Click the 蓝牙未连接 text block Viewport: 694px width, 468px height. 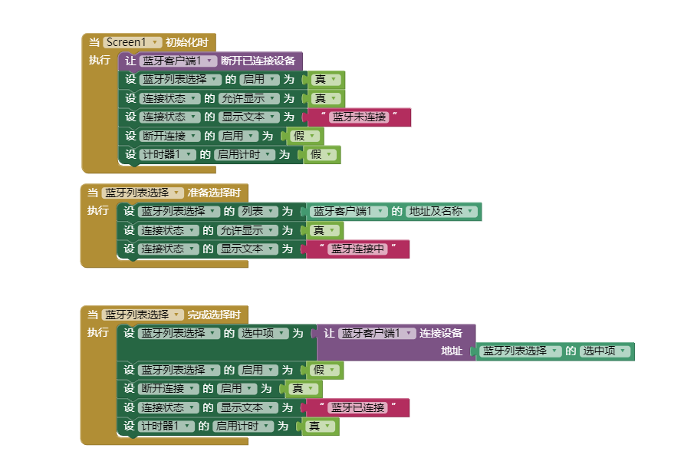(359, 117)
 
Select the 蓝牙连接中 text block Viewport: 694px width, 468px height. (357, 249)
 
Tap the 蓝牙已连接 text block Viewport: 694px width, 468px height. (357, 407)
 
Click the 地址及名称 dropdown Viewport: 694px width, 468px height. (442, 212)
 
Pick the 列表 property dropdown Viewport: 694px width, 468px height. (256, 212)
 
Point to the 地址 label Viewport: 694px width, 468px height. (452, 351)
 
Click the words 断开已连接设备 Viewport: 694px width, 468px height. (258, 61)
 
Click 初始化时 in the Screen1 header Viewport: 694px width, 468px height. (186, 42)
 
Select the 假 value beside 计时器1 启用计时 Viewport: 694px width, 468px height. (321, 155)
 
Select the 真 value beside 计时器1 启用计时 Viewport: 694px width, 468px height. (320, 427)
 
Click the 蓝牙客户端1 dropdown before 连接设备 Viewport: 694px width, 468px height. (377, 334)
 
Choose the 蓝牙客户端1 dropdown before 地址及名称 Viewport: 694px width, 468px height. (348, 212)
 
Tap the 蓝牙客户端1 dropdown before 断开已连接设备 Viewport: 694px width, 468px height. (177, 61)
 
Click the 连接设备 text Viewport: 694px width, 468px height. (441, 334)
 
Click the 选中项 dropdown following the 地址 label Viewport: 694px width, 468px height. (604, 351)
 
